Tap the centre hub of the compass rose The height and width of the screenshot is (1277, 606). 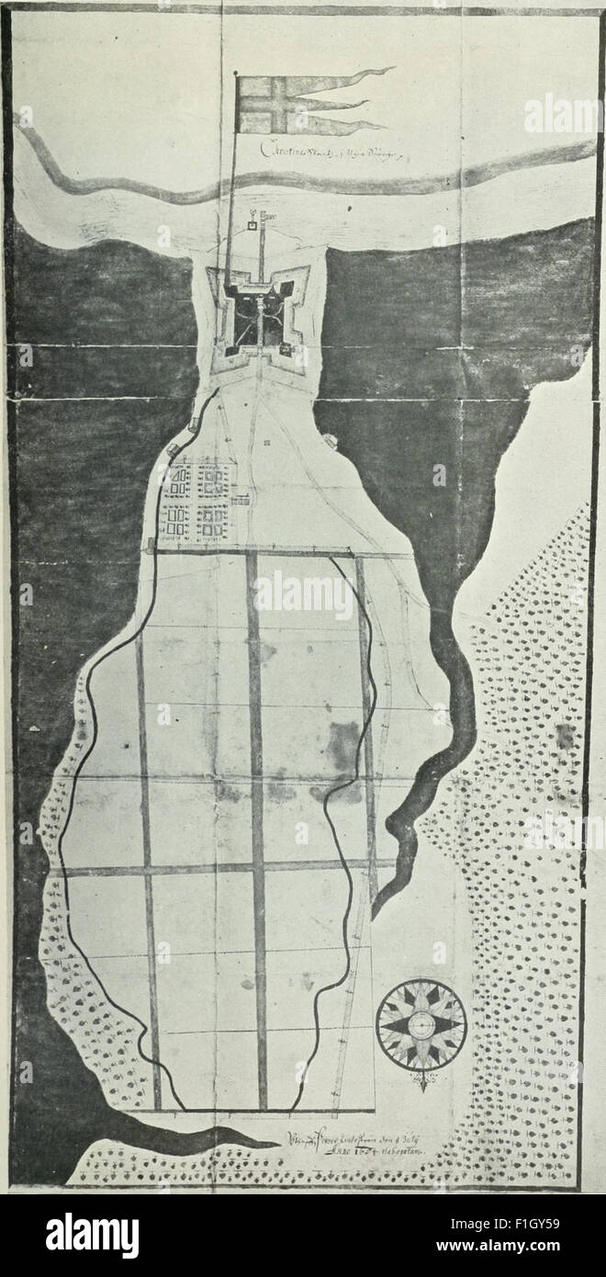coord(421,1025)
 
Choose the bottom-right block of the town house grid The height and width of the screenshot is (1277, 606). coord(214,523)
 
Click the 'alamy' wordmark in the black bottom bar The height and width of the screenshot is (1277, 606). coord(92,1235)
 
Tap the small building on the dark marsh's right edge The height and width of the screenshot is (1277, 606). coord(331,441)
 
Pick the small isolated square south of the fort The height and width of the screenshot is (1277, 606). coord(266,443)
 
